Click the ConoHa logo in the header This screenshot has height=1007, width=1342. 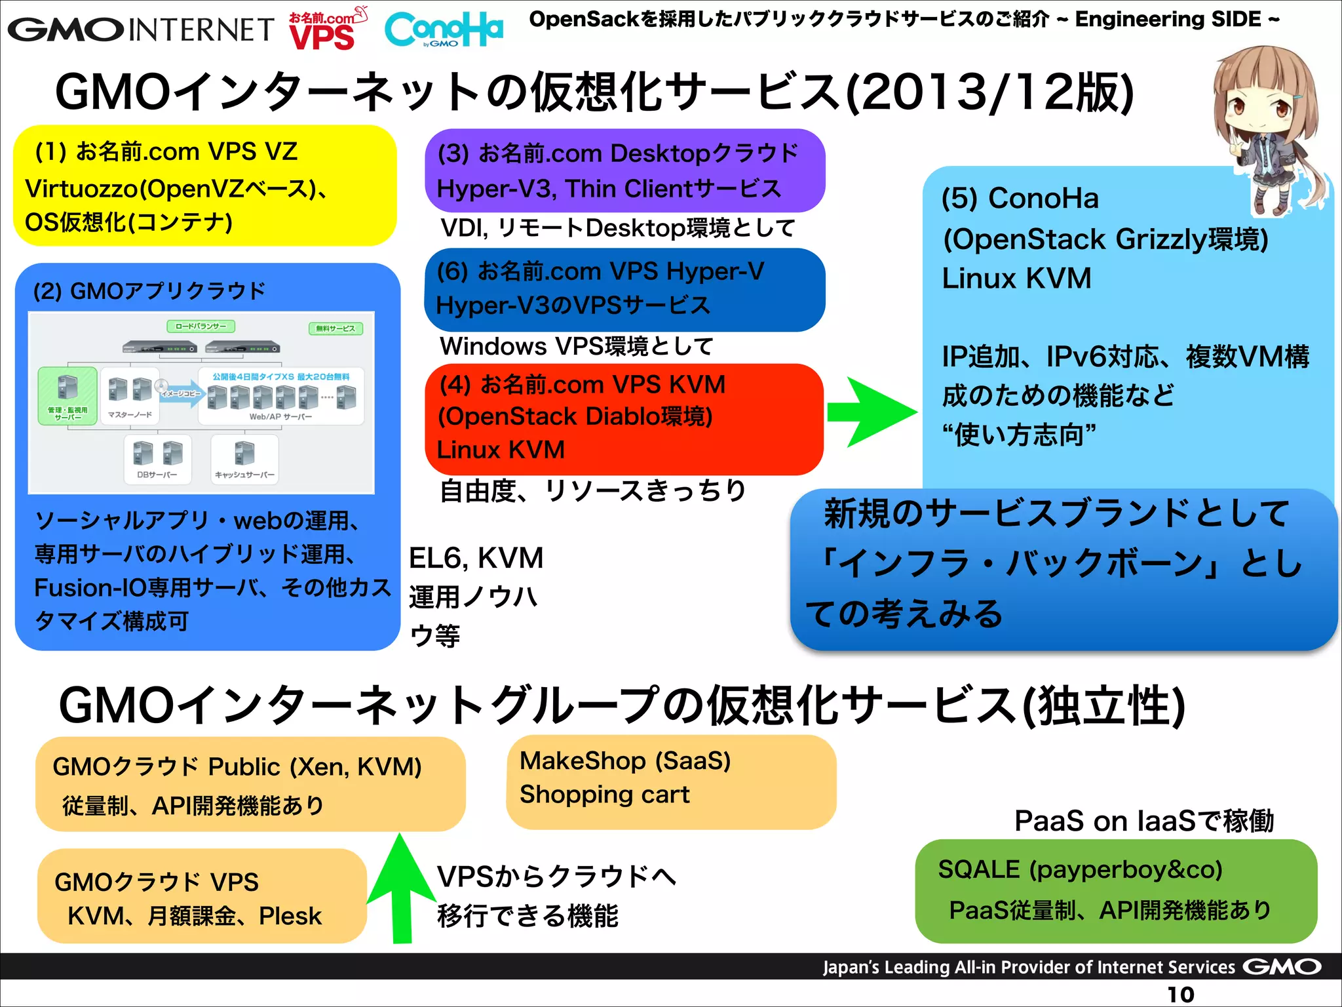444,30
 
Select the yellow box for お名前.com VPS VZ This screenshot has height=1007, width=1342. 204,186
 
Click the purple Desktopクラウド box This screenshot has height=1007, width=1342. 624,170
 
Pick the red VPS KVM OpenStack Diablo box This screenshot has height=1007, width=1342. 624,418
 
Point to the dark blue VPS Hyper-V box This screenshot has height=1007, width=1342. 624,289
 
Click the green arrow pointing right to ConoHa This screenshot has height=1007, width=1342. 872,412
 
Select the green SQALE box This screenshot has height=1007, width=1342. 1115,890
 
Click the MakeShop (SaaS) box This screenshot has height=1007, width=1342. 670,781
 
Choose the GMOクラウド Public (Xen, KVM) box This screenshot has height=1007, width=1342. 250,784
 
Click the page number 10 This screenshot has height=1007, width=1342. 1180,995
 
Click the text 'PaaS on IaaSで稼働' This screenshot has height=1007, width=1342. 1143,821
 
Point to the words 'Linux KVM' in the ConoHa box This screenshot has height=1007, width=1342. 1016,279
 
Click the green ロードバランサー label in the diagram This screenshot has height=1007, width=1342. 201,326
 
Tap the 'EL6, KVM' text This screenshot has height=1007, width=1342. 476,559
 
